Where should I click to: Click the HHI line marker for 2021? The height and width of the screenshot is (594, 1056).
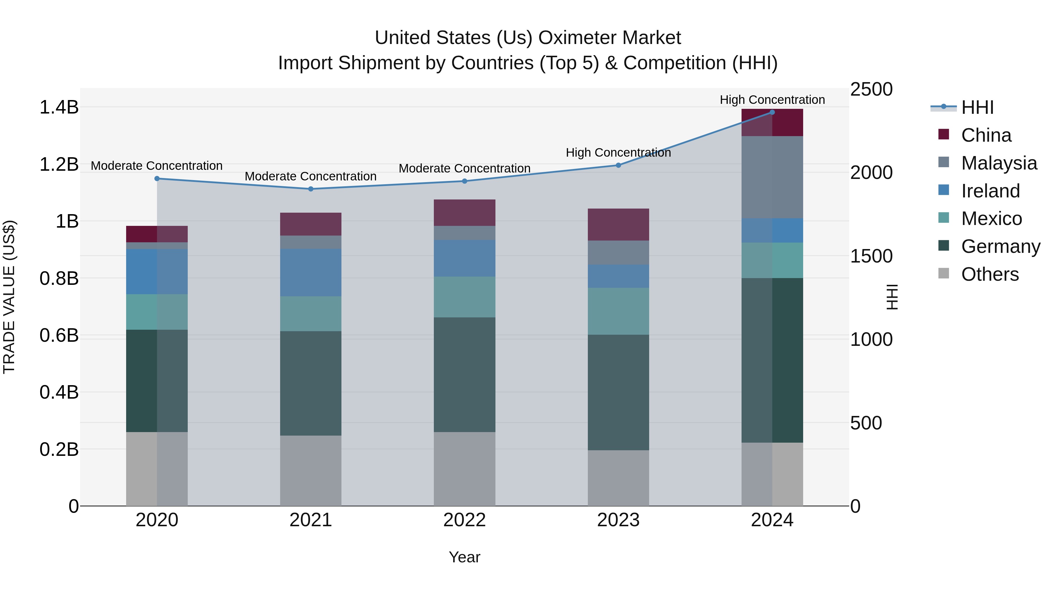310,189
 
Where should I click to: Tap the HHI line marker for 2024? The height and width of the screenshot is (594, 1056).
772,112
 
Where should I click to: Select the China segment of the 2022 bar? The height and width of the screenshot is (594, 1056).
464,212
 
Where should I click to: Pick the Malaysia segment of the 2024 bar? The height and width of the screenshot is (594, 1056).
772,177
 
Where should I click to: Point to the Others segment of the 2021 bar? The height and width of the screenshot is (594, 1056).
310,470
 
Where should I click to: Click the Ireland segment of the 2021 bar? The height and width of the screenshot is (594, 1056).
310,272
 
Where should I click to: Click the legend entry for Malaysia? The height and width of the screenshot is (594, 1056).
999,163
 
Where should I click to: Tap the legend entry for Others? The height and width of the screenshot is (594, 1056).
990,274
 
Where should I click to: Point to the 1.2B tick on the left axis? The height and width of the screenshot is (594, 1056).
59,164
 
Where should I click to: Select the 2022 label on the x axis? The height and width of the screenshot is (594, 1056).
464,520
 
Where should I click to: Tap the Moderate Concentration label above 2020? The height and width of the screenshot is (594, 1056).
157,166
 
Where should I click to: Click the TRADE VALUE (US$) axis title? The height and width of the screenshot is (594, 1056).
9,297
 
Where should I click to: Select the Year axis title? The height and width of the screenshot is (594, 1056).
464,557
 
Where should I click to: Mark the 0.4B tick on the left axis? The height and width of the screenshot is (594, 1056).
59,392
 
